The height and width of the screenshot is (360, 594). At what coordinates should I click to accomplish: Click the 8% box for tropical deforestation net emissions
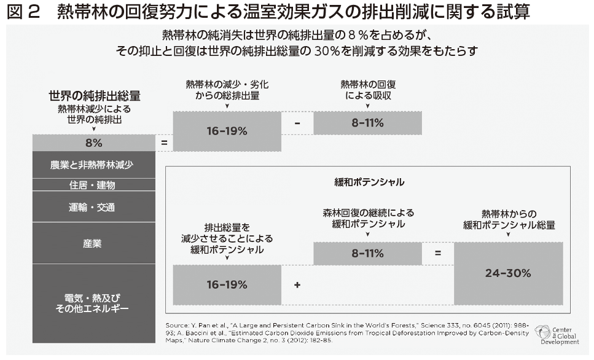coord(93,143)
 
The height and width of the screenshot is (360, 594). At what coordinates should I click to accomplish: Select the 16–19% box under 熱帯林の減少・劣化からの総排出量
coord(226,130)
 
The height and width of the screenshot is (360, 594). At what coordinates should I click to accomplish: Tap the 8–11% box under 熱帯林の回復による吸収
coord(367,123)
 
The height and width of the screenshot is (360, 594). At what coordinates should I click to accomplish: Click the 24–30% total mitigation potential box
coord(508,273)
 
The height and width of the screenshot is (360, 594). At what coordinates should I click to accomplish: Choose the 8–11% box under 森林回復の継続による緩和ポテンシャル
coord(367,253)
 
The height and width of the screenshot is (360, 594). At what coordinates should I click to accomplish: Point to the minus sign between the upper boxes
coord(297,123)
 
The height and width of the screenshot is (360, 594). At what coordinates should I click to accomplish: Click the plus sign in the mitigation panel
coord(297,285)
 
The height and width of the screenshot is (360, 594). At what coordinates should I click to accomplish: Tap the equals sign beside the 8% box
coord(164,143)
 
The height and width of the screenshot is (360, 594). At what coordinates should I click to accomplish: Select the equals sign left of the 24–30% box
coord(437,253)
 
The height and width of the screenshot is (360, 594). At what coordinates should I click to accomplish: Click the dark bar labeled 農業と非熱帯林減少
coord(93,165)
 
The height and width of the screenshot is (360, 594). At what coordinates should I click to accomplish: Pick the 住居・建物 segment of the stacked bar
coord(93,185)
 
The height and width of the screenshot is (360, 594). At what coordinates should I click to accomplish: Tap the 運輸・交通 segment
coord(93,207)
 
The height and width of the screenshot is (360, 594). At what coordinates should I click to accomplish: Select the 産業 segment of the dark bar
coord(93,243)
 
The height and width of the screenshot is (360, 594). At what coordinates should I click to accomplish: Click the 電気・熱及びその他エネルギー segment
coord(93,303)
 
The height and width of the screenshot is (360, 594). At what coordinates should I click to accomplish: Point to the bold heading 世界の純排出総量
coord(95,96)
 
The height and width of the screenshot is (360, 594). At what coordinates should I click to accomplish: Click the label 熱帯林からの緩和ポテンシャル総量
coord(509,219)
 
